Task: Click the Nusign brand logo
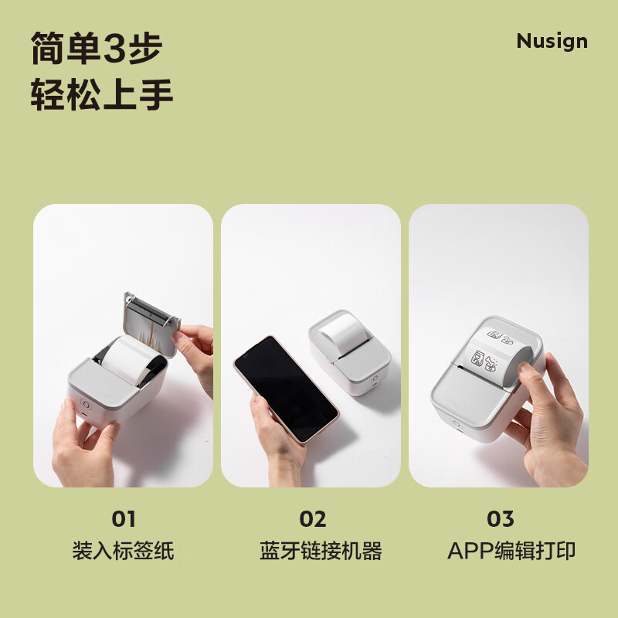click(x=552, y=41)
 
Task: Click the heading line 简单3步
click(x=97, y=49)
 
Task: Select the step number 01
click(x=123, y=519)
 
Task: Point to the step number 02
click(x=312, y=519)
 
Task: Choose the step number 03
click(x=501, y=519)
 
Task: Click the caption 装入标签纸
click(x=123, y=551)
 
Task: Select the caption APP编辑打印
click(x=511, y=551)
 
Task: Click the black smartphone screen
click(x=285, y=388)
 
